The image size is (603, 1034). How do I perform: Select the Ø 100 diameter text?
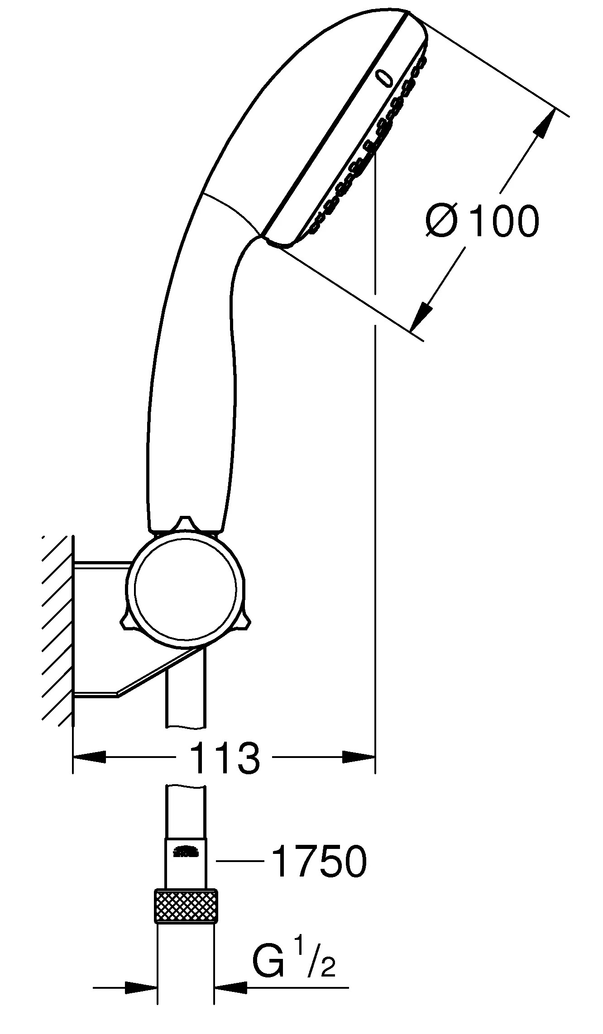tap(483, 221)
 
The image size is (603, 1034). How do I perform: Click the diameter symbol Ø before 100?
tap(442, 221)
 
